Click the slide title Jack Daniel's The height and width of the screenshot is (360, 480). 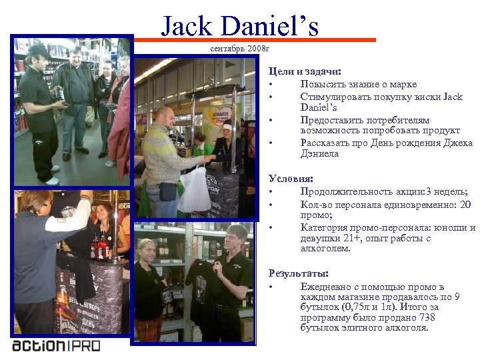coord(240,26)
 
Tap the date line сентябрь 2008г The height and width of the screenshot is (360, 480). coord(239,49)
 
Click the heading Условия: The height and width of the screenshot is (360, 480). coord(291,178)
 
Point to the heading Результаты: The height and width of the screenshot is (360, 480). coord(299,273)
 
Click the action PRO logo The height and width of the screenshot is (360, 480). coord(56,345)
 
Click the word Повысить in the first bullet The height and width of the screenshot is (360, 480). coord(323,84)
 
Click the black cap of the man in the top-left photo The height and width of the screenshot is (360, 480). coord(38,50)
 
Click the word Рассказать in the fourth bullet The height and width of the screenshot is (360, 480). coord(326,143)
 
